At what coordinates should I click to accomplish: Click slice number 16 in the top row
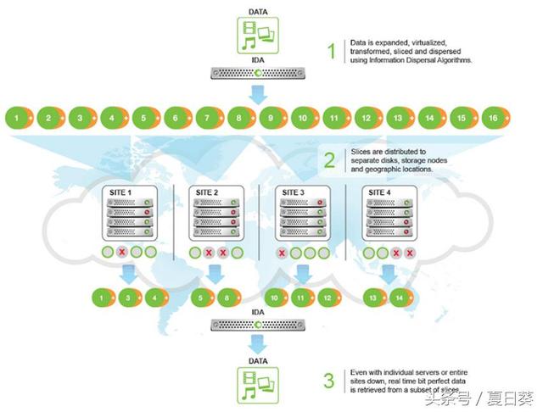495,118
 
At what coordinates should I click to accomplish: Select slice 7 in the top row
210,118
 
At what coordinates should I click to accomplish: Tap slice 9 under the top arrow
273,118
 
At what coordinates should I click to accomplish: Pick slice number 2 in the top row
51,118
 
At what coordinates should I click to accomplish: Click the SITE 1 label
120,192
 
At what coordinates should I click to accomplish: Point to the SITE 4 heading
379,192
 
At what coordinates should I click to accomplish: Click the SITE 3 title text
293,192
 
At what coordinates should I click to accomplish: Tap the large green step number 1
332,51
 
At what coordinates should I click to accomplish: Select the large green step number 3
329,381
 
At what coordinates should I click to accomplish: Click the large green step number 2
329,160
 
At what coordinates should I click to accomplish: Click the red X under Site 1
122,252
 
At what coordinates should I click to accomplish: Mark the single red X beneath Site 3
282,253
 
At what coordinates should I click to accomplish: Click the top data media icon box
258,36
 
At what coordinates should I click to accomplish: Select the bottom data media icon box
258,385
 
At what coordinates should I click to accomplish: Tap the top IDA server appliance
258,74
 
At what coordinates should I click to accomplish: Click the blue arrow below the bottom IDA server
258,344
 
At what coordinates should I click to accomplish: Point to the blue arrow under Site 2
215,275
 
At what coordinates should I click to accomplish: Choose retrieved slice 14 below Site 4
401,298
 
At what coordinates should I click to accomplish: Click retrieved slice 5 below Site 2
202,298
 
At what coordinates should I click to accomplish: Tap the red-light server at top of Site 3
303,203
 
